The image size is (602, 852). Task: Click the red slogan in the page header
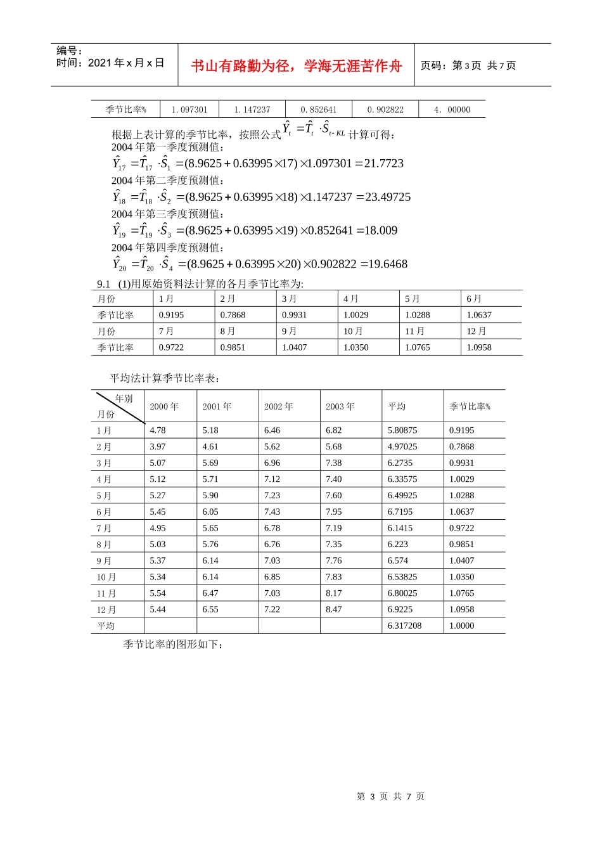click(x=296, y=66)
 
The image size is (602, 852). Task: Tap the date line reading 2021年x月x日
click(x=110, y=63)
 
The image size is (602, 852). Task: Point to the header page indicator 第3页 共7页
click(x=468, y=65)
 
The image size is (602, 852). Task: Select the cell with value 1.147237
click(x=252, y=110)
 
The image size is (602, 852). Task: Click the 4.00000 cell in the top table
click(x=452, y=110)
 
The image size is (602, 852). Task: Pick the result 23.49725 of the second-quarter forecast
click(x=387, y=197)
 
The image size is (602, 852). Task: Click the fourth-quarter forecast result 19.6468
click(x=384, y=264)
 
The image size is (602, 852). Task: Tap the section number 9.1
click(x=103, y=284)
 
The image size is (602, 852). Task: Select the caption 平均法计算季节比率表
click(x=165, y=378)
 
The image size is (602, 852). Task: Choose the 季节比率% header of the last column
click(x=470, y=406)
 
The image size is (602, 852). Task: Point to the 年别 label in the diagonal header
click(x=124, y=399)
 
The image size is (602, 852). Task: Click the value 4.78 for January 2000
click(x=158, y=430)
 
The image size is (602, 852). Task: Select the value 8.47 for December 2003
click(x=333, y=609)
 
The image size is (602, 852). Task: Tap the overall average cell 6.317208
click(x=404, y=626)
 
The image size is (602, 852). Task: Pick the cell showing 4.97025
click(x=402, y=447)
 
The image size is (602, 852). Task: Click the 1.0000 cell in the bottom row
click(x=461, y=626)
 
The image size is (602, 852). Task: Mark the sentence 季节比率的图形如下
click(x=172, y=644)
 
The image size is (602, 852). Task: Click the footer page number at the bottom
click(x=390, y=796)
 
